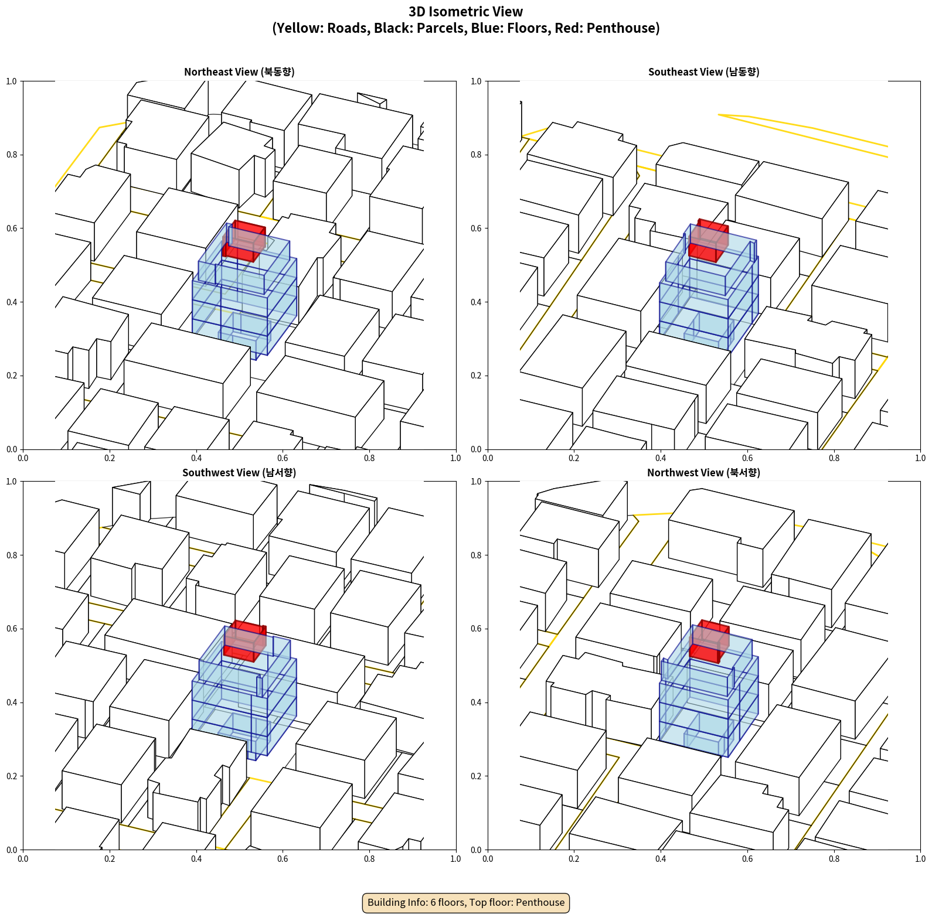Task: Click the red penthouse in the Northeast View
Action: [244, 241]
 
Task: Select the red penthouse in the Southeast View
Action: [709, 240]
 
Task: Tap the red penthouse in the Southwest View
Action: [244, 641]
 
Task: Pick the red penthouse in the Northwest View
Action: [709, 642]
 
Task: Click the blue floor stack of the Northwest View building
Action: [709, 697]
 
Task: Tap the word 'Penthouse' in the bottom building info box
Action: [540, 902]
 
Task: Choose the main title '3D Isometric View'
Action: [466, 12]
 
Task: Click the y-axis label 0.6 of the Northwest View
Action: [476, 629]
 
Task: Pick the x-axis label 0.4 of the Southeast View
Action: [661, 458]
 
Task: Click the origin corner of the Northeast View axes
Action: [23, 449]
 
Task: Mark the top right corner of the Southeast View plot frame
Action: [920, 81]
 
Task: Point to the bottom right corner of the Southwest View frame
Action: [456, 850]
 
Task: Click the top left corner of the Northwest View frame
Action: [488, 482]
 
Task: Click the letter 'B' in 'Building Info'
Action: [371, 902]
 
